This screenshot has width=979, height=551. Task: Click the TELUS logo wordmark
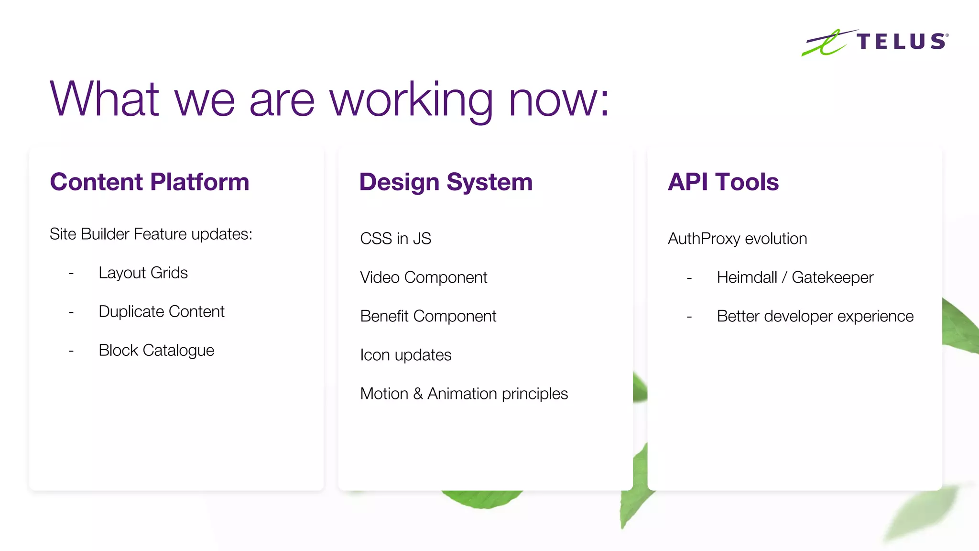point(901,42)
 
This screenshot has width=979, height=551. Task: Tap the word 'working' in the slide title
point(411,100)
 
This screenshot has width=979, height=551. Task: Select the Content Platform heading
point(150,182)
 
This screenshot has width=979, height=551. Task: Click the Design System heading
point(446,182)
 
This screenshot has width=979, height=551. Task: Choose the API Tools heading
point(723,182)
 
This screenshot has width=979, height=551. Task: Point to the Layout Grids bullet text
point(143,273)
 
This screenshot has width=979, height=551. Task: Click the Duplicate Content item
point(161,311)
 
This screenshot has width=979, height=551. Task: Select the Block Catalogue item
point(156,350)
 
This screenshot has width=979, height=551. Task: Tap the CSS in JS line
point(395,238)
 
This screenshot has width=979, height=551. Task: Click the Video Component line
point(424,277)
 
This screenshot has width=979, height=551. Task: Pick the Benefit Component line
point(428,316)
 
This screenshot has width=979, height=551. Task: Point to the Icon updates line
point(405,355)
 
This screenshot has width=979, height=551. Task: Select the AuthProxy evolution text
point(737,238)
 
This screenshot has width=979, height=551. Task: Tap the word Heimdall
point(747,277)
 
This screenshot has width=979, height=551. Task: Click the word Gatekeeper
point(832,277)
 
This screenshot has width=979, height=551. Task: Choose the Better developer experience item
point(815,316)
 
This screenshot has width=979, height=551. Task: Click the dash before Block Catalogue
point(71,351)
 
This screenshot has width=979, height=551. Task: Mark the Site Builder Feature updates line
point(151,234)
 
